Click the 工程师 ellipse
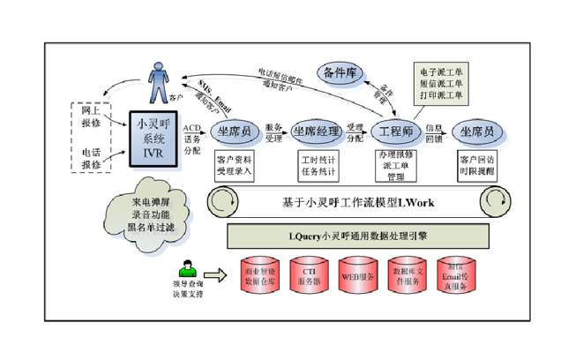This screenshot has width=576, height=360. [x=394, y=131]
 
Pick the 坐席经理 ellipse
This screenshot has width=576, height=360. [x=315, y=131]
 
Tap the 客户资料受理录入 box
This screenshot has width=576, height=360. [x=235, y=164]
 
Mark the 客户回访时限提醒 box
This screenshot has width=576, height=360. [x=479, y=164]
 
